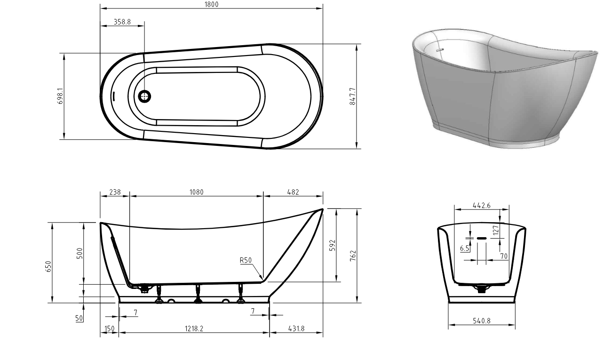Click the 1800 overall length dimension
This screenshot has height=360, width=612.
click(x=212, y=4)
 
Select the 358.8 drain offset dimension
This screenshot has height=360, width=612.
click(x=122, y=22)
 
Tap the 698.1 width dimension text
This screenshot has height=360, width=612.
click(x=60, y=96)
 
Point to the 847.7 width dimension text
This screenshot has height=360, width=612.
click(x=352, y=96)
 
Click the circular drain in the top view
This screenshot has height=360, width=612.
click(x=144, y=96)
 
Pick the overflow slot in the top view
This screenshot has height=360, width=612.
click(x=114, y=96)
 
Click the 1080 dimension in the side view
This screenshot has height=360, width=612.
click(x=197, y=192)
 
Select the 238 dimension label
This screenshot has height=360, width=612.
click(x=115, y=192)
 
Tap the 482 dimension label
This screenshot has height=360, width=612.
click(x=293, y=192)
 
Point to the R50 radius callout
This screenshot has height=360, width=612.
click(x=246, y=260)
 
